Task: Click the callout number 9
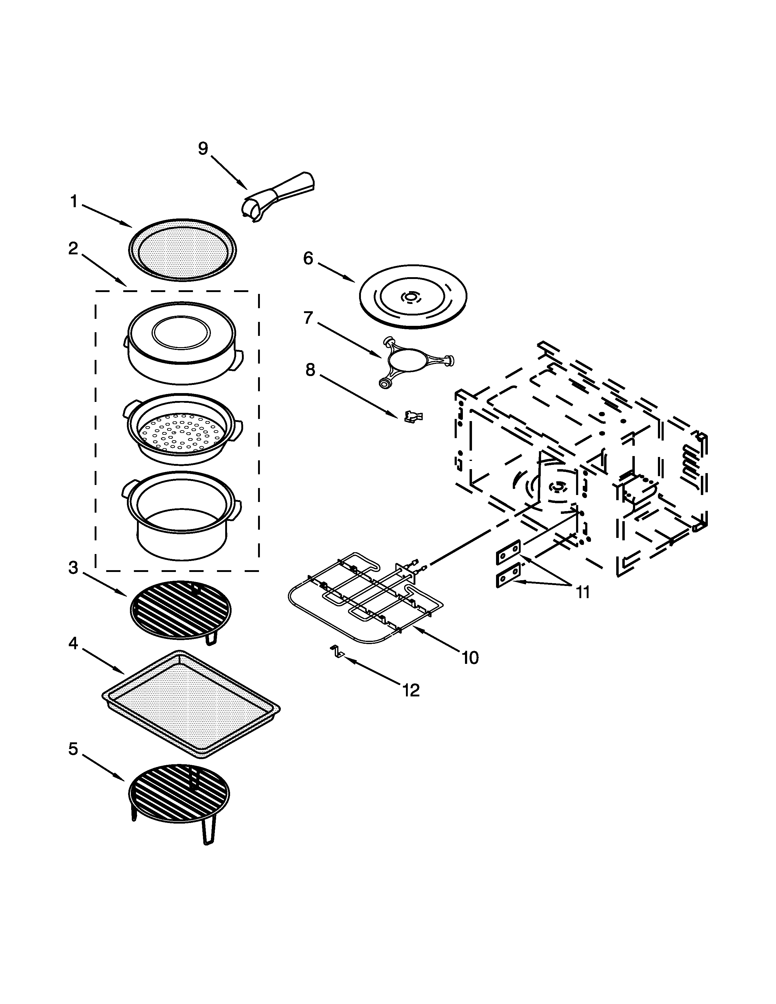tap(203, 148)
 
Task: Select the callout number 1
tap(74, 201)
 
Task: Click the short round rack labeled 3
tap(181, 611)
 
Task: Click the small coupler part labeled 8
tap(413, 417)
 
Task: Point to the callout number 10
tap(470, 658)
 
